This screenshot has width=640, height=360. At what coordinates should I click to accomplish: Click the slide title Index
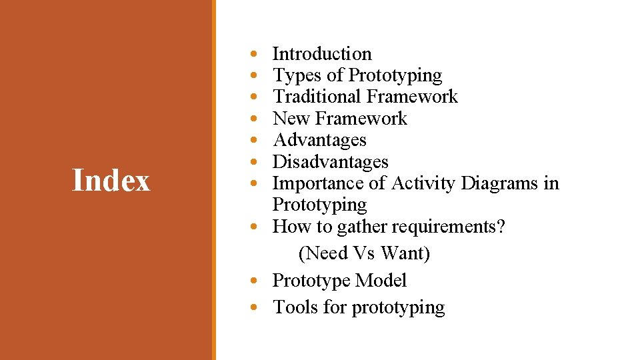click(111, 181)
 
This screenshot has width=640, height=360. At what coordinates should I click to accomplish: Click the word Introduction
click(322, 54)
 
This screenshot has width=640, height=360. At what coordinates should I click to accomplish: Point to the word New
click(291, 119)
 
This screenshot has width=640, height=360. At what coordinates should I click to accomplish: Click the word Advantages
click(319, 141)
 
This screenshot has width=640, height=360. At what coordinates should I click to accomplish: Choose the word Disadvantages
click(330, 162)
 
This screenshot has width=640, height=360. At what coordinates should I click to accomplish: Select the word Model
click(381, 281)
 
